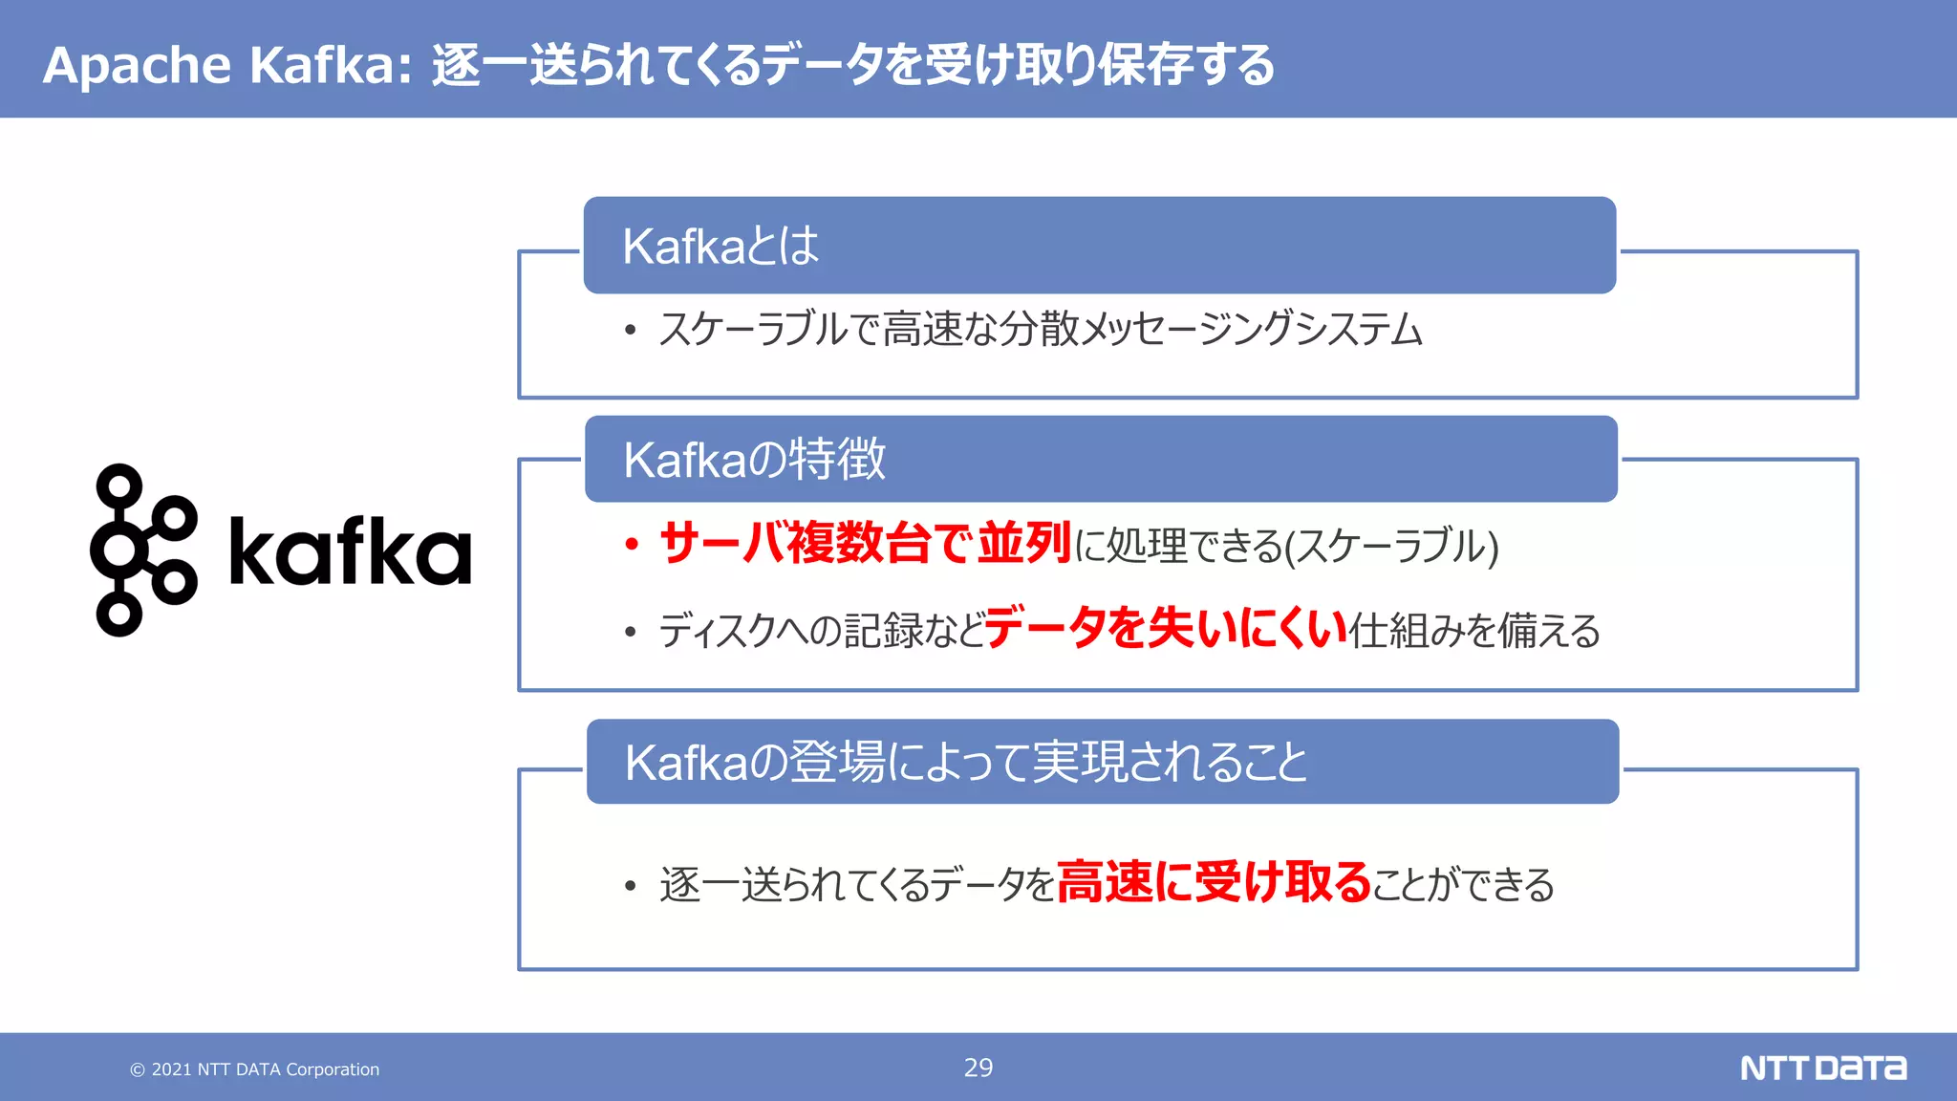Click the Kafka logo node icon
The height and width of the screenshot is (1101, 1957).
tap(143, 550)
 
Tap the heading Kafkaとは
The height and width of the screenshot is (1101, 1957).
tap(720, 246)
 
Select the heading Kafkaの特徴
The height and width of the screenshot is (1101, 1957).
tap(754, 460)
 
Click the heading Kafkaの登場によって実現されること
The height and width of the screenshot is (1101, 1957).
tap(965, 763)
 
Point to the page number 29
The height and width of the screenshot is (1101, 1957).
tap(978, 1068)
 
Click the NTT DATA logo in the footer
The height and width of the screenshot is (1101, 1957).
tap(1822, 1068)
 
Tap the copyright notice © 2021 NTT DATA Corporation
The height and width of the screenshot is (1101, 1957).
tap(255, 1069)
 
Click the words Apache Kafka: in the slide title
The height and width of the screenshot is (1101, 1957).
tap(227, 65)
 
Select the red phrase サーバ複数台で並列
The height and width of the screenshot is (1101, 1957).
tap(865, 543)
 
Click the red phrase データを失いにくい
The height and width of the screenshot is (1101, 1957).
tap(1166, 628)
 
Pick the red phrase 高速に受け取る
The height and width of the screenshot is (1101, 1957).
tap(1214, 881)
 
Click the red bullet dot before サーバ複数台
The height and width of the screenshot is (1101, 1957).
tap(631, 545)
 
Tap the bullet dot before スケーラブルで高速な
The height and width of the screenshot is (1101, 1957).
tap(630, 331)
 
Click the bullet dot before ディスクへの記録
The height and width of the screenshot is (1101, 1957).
tap(630, 632)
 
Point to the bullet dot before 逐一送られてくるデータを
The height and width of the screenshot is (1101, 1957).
tap(630, 886)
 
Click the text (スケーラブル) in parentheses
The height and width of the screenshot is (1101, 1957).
tap(1391, 546)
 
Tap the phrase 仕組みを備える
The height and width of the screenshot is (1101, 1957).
tap(1474, 631)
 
